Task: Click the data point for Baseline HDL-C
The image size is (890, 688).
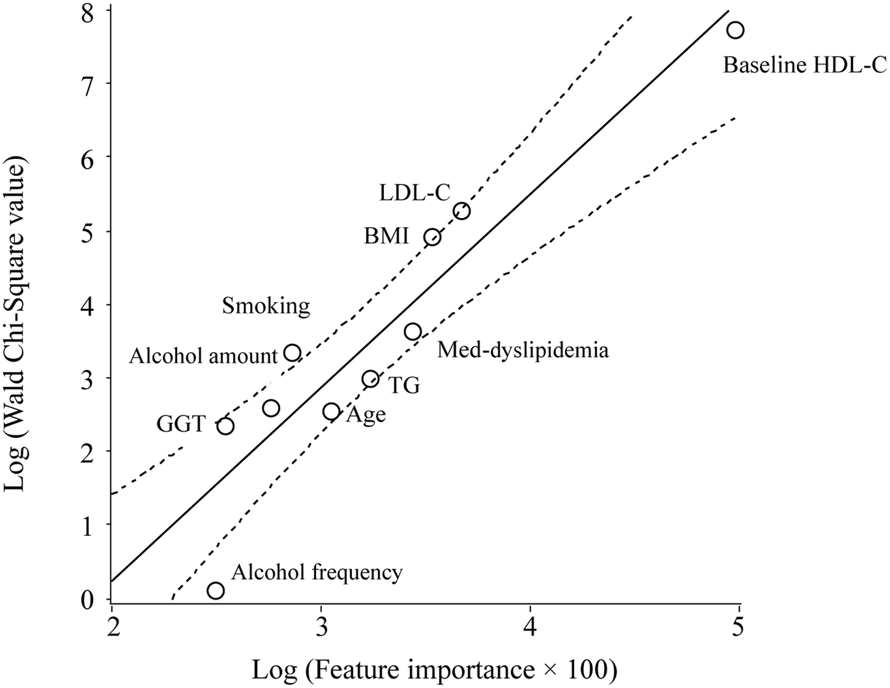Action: tap(735, 30)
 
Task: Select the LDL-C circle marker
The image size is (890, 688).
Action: tap(462, 211)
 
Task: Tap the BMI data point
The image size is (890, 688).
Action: tap(432, 237)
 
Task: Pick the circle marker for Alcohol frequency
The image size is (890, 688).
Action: tap(216, 591)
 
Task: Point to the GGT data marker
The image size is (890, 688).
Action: tap(226, 426)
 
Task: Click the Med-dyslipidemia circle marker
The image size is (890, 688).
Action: tap(413, 332)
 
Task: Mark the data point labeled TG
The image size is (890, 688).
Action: tap(371, 379)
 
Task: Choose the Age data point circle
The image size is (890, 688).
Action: tap(331, 412)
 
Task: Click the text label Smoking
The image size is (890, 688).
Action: tap(266, 306)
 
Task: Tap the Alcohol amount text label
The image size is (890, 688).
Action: tap(203, 356)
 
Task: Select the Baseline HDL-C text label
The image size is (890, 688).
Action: tap(805, 66)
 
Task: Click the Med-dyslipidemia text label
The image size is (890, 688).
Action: tap(523, 350)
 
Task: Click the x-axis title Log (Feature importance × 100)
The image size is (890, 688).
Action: tap(434, 670)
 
